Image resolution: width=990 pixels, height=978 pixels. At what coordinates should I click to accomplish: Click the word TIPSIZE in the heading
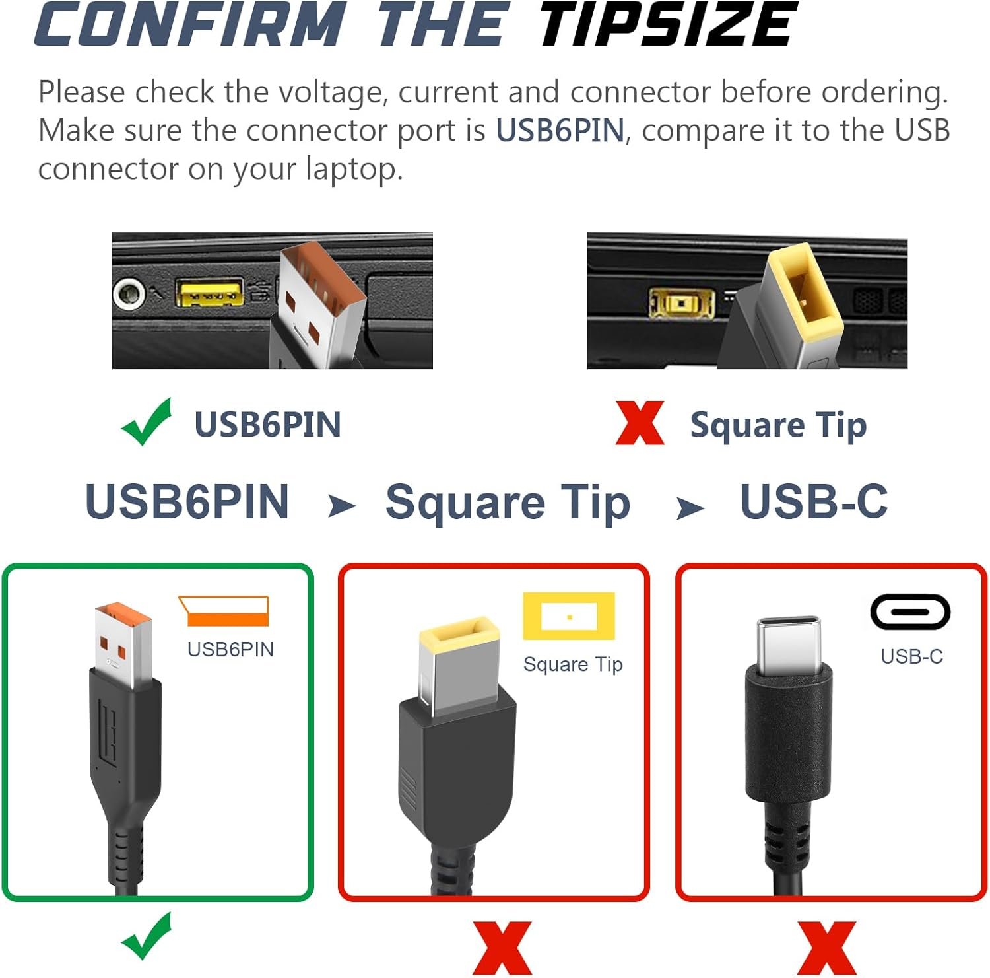pos(667,24)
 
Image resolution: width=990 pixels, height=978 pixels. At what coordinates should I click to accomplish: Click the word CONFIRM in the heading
pos(190,24)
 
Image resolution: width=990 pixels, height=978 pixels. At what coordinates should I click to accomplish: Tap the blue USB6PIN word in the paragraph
pos(560,130)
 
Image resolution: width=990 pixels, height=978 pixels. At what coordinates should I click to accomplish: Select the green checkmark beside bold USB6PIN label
pos(147,422)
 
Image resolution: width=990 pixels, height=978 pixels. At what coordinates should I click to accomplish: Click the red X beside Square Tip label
pos(640,423)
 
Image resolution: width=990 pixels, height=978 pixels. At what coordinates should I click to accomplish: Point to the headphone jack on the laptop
pos(129,294)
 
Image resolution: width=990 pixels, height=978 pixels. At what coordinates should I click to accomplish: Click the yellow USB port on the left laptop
pos(209,293)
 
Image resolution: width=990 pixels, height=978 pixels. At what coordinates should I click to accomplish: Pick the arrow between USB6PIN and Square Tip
pos(342,506)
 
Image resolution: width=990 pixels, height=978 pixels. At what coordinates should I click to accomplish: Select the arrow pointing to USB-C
pos(690,508)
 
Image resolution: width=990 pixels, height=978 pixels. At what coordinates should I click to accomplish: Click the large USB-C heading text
pos(814,501)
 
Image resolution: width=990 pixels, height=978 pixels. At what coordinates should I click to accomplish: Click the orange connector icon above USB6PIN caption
pos(224,611)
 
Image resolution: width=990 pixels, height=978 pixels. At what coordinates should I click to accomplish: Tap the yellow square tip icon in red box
pos(569,616)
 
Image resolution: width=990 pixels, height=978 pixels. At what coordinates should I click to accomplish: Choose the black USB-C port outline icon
pos(910,611)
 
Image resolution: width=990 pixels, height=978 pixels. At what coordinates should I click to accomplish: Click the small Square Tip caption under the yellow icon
pos(573,664)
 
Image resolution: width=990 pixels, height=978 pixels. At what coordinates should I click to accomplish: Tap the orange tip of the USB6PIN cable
pos(123,614)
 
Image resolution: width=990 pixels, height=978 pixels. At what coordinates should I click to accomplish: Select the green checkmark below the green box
pos(147,936)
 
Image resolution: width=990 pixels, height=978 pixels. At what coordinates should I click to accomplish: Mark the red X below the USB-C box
pos(826,948)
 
